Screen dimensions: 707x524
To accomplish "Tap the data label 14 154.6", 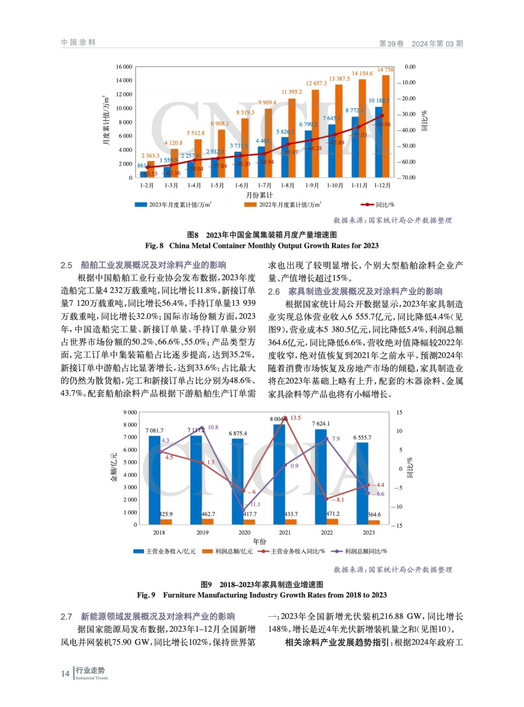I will (362, 73).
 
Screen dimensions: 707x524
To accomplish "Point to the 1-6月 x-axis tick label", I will (241, 186).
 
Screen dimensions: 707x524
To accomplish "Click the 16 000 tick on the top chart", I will (124, 67).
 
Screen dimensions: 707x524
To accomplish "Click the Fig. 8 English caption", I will (262, 246).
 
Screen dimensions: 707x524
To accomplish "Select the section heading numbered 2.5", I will (143, 265).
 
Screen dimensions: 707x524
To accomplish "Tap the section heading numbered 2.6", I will (355, 292).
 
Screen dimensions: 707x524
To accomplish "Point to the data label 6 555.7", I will (362, 437).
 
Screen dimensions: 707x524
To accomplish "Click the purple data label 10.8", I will (213, 427).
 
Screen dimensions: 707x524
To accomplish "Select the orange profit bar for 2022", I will (332, 521).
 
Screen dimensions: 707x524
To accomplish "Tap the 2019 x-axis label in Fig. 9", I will (202, 532).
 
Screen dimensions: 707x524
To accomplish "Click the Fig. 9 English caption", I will (262, 595).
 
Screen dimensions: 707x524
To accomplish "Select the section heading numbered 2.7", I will (147, 616).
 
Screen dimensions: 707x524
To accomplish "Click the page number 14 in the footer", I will (65, 673).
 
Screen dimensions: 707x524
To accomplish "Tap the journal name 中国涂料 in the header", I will (78, 42).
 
